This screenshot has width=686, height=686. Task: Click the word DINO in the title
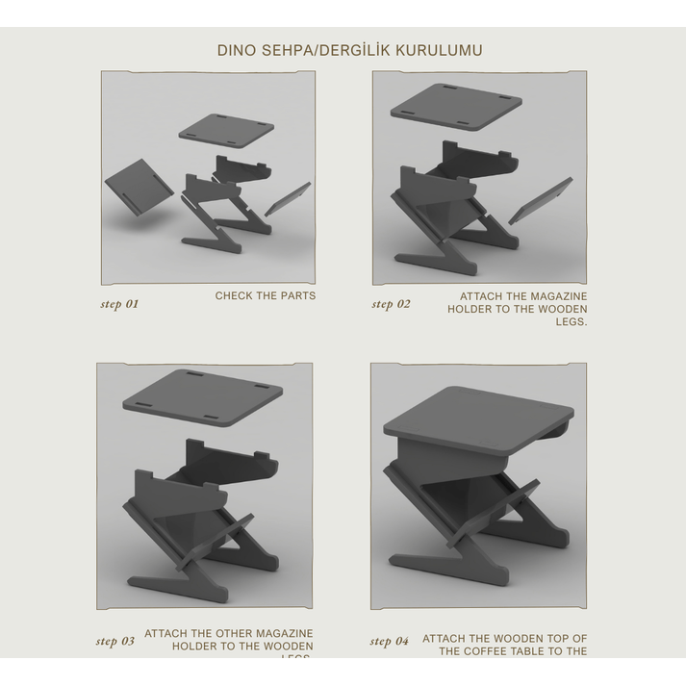point(236,50)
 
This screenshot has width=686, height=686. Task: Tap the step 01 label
point(119,304)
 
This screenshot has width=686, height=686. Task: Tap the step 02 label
point(391,304)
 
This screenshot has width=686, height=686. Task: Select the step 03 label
point(114,641)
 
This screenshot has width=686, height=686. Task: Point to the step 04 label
point(389,641)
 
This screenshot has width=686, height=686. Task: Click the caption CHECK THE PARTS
point(265,295)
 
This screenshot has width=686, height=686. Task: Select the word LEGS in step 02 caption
point(570,322)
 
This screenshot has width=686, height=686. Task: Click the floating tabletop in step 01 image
point(222,130)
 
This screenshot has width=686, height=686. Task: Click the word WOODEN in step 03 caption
point(289,647)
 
